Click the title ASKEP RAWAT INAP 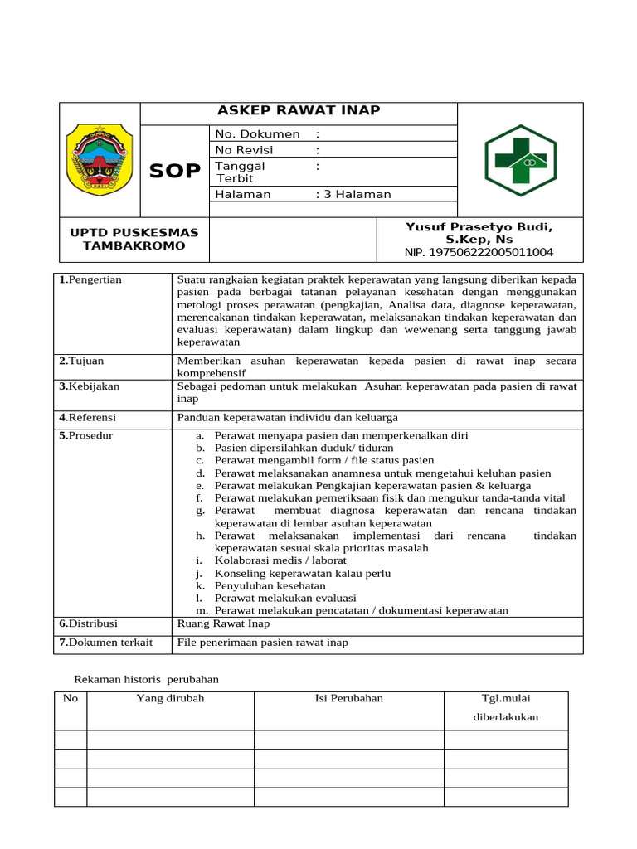[299, 111]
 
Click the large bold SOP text [174, 171]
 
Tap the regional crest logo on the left [99, 159]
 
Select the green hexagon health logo [520, 160]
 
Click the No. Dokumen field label [257, 133]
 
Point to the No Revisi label [245, 150]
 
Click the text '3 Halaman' [357, 194]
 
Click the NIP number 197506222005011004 [479, 252]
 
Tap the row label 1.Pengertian [90, 279]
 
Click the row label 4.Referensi [88, 417]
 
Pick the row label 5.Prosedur [86, 435]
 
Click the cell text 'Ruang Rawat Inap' [223, 623]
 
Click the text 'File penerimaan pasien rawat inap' [263, 643]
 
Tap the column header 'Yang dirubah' [170, 698]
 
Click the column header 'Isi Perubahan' [349, 698]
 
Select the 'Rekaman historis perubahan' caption [147, 679]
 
